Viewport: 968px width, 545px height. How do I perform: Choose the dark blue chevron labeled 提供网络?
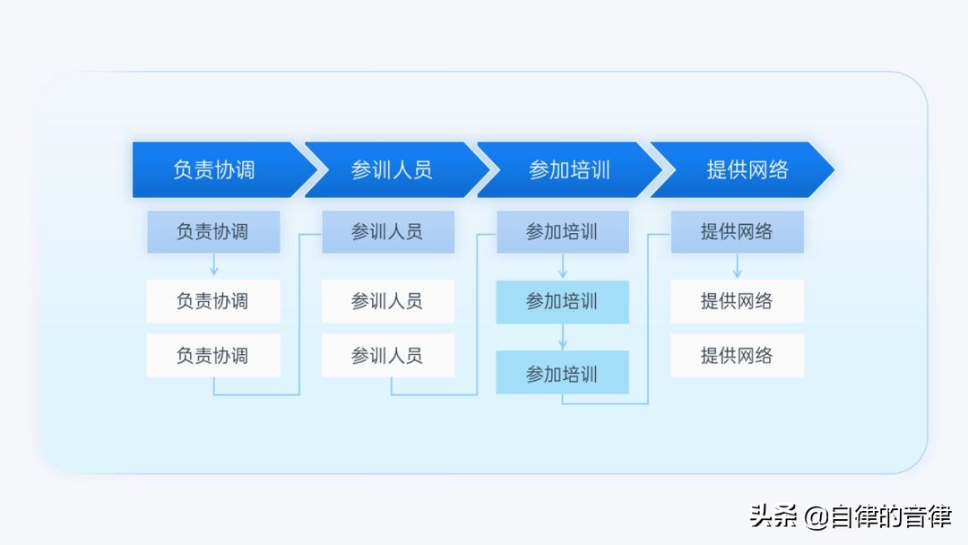coord(741,169)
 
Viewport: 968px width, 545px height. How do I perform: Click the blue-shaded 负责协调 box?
coord(213,232)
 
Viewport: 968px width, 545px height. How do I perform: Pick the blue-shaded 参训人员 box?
coord(388,232)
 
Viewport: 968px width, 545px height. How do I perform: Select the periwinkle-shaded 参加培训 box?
coord(563,232)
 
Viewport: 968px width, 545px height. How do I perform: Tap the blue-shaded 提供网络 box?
coord(737,232)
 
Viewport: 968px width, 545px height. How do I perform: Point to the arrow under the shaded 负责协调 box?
coord(214,264)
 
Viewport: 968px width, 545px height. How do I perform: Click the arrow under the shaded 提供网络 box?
coord(737,266)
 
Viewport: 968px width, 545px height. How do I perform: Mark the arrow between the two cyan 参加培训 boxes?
coord(563,337)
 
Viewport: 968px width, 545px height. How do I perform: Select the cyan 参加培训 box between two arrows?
coord(563,302)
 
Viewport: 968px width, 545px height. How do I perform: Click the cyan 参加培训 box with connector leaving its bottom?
coord(563,373)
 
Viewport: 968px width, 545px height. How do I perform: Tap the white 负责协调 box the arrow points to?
coord(213,301)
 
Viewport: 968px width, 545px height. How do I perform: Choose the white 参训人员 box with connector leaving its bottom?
coord(388,356)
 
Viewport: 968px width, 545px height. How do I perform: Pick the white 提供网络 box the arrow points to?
coord(737,301)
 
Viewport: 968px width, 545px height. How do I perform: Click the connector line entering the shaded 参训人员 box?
coord(299,314)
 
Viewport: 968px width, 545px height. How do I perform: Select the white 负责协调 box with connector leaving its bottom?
coord(213,356)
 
